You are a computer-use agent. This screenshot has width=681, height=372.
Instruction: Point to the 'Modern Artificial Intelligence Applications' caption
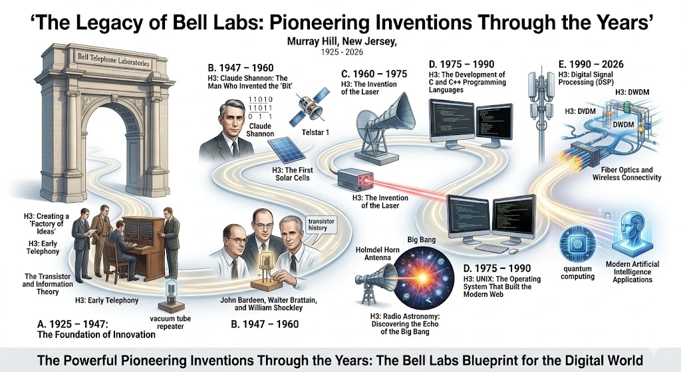coord(632,272)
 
